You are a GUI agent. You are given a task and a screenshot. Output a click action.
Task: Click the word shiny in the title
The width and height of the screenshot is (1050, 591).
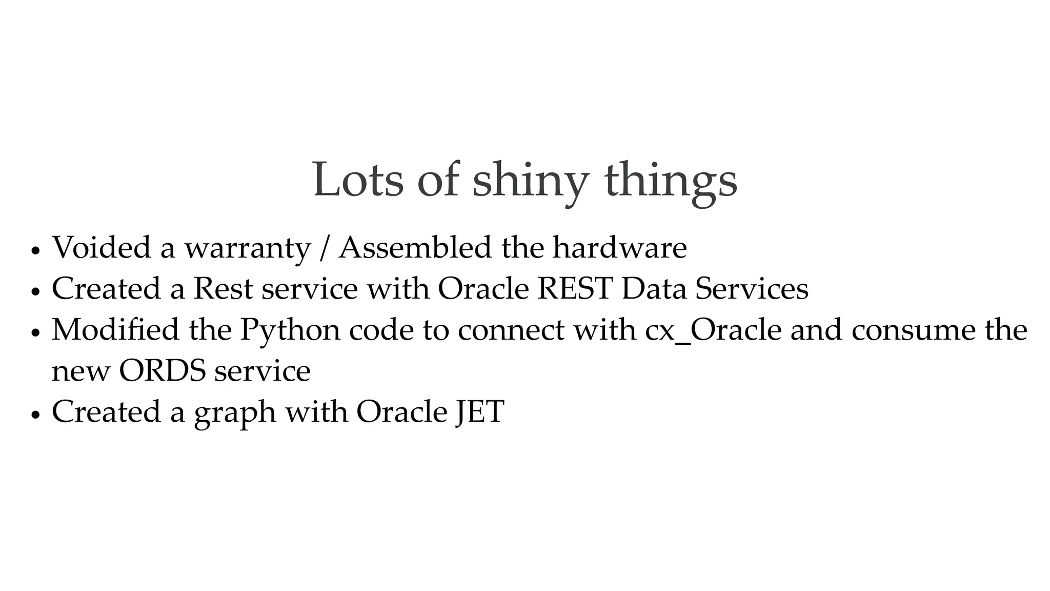(x=530, y=181)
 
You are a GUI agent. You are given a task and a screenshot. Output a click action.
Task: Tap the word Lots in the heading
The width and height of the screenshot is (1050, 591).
(x=358, y=180)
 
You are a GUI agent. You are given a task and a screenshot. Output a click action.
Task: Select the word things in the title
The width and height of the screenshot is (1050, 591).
(x=671, y=181)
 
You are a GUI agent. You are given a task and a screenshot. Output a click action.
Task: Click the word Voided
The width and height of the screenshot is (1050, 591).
(x=102, y=247)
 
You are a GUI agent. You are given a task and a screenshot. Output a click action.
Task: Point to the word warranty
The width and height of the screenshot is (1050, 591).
(x=248, y=248)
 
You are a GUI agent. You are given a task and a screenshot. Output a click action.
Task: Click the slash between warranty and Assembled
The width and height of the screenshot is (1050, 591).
(x=324, y=248)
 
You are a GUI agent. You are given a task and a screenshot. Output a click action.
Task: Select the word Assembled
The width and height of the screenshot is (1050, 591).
(x=415, y=247)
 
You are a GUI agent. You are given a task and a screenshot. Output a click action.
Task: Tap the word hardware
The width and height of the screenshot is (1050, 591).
(x=619, y=247)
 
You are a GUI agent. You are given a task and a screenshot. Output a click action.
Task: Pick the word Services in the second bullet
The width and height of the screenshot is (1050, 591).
(x=752, y=288)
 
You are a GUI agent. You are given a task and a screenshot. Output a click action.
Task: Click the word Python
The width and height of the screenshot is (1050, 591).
(x=290, y=330)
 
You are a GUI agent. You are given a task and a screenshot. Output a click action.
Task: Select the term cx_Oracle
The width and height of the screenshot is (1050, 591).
(x=713, y=330)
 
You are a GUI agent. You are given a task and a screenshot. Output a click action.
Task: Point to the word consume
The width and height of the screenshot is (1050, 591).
(x=913, y=330)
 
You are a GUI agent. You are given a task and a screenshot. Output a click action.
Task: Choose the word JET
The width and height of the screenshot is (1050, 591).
(x=480, y=411)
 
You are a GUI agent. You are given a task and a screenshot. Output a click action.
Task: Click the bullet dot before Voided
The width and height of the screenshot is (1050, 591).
(x=35, y=251)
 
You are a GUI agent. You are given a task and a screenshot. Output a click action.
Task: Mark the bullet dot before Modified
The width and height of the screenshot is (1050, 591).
(x=35, y=333)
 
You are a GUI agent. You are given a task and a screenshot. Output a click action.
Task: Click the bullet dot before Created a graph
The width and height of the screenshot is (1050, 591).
(x=35, y=415)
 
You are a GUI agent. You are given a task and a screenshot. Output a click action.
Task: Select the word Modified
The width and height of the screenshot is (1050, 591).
(x=115, y=330)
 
